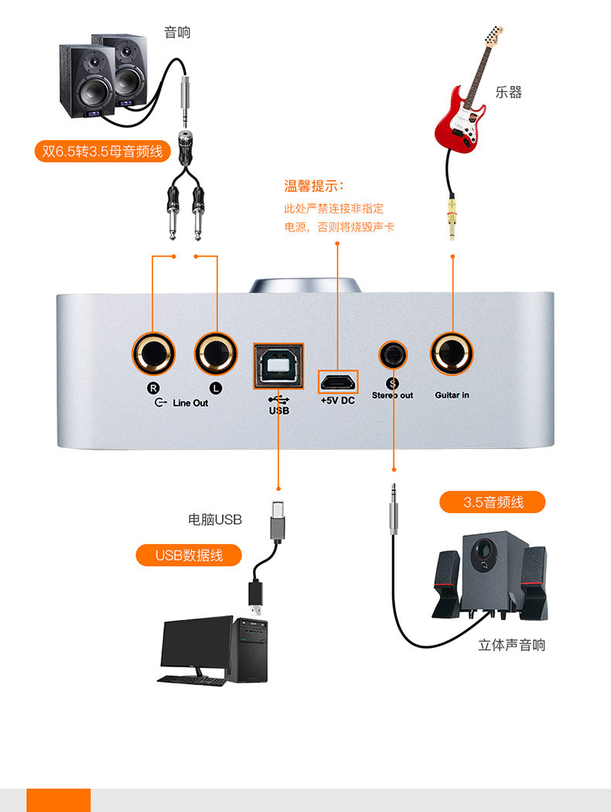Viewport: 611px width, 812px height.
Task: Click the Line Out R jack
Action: [x=153, y=354]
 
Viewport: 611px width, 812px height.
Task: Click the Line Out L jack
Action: [x=216, y=354]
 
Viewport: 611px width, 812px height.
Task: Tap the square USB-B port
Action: [x=278, y=365]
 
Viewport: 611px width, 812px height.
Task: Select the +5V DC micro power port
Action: [x=338, y=382]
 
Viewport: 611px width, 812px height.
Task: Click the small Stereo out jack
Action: [x=393, y=355]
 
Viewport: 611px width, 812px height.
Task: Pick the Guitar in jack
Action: [x=452, y=354]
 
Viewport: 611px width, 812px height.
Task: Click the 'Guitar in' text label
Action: [x=452, y=395]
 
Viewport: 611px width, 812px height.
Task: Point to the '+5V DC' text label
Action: [x=338, y=400]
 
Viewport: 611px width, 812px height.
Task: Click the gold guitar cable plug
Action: [x=452, y=217]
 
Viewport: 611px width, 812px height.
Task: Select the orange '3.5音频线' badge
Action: [x=493, y=502]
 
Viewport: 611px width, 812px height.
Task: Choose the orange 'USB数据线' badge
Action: [x=189, y=555]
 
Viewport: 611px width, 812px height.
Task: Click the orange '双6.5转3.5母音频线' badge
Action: [x=102, y=151]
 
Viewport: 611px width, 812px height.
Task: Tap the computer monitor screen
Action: [x=197, y=642]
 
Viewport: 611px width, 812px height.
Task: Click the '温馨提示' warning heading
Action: [x=313, y=186]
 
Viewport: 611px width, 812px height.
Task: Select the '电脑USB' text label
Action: [x=215, y=519]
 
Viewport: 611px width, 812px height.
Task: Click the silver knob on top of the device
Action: [x=305, y=286]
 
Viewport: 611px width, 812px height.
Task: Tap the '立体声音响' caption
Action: [x=511, y=645]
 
